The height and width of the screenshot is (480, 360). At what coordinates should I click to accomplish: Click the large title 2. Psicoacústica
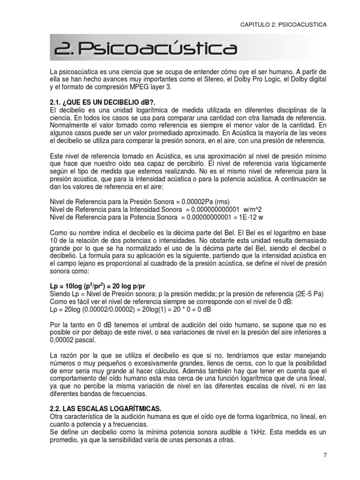[x=145, y=49]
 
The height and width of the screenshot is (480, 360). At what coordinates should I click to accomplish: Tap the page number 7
[x=325, y=455]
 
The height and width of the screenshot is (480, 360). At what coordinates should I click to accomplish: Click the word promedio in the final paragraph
[x=64, y=440]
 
